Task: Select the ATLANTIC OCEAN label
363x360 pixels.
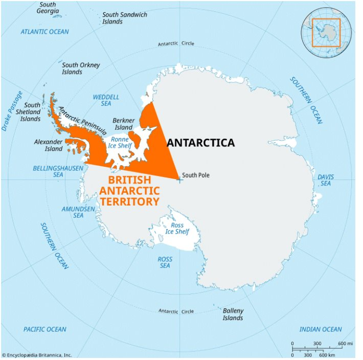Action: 44,32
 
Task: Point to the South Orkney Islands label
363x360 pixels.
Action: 81,69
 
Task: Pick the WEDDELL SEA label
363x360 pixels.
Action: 106,100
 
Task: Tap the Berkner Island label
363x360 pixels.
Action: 123,124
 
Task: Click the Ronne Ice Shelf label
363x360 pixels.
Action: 120,142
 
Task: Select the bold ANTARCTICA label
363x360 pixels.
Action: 200,143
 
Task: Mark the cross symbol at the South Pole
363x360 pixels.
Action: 179,179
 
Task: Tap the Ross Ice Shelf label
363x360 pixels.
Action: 177,229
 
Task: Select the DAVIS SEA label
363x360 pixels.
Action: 325,180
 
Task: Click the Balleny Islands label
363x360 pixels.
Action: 233,314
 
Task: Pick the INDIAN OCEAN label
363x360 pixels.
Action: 320,329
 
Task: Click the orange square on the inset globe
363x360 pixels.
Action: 326,33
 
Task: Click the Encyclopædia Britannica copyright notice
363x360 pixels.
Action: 37,355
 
